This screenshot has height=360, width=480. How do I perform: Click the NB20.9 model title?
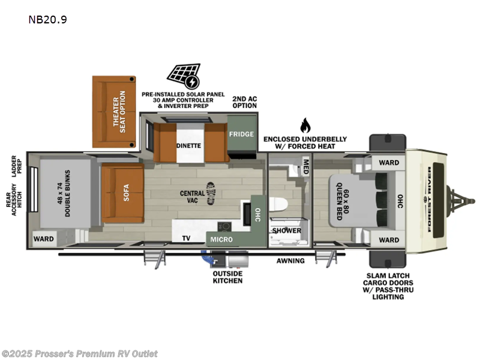click(47, 19)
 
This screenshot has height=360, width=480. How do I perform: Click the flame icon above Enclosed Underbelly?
click(305, 125)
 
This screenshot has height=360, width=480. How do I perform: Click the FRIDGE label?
click(241, 134)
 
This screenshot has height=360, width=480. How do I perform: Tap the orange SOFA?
click(122, 193)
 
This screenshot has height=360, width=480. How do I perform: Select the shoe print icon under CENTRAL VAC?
click(211, 191)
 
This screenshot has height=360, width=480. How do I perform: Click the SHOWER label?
click(286, 230)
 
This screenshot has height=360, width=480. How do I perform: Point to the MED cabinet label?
click(305, 165)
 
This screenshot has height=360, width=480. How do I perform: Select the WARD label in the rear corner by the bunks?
click(44, 239)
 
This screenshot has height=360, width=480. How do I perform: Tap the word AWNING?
click(290, 261)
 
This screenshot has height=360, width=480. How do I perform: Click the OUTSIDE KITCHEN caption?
click(227, 277)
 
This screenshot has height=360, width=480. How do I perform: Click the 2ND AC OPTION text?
click(245, 101)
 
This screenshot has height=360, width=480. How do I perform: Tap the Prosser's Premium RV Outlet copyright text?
click(80, 354)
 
